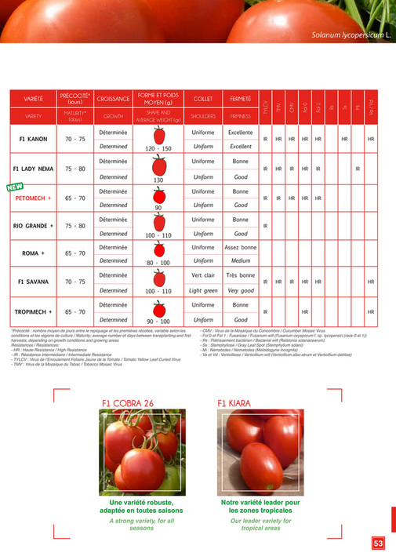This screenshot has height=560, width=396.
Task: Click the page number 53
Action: pos(378,543)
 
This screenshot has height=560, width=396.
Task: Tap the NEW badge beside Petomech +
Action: pos(14,187)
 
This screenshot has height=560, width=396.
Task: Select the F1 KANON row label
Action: pos(33,140)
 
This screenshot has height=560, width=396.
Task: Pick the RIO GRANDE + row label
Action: pos(33,226)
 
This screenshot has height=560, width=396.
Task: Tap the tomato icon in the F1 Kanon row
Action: pos(159,134)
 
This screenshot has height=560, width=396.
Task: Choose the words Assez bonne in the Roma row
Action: pos(241,248)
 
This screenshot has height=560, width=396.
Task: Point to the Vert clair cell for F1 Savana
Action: pos(203,276)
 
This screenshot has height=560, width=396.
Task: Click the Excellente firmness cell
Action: pos(241,133)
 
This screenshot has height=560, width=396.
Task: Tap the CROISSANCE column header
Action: pos(114,100)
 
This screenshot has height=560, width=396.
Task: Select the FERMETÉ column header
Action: pos(241,99)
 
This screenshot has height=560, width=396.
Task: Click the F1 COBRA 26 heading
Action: pos(127,403)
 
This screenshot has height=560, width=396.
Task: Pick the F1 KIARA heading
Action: pos(234,403)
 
